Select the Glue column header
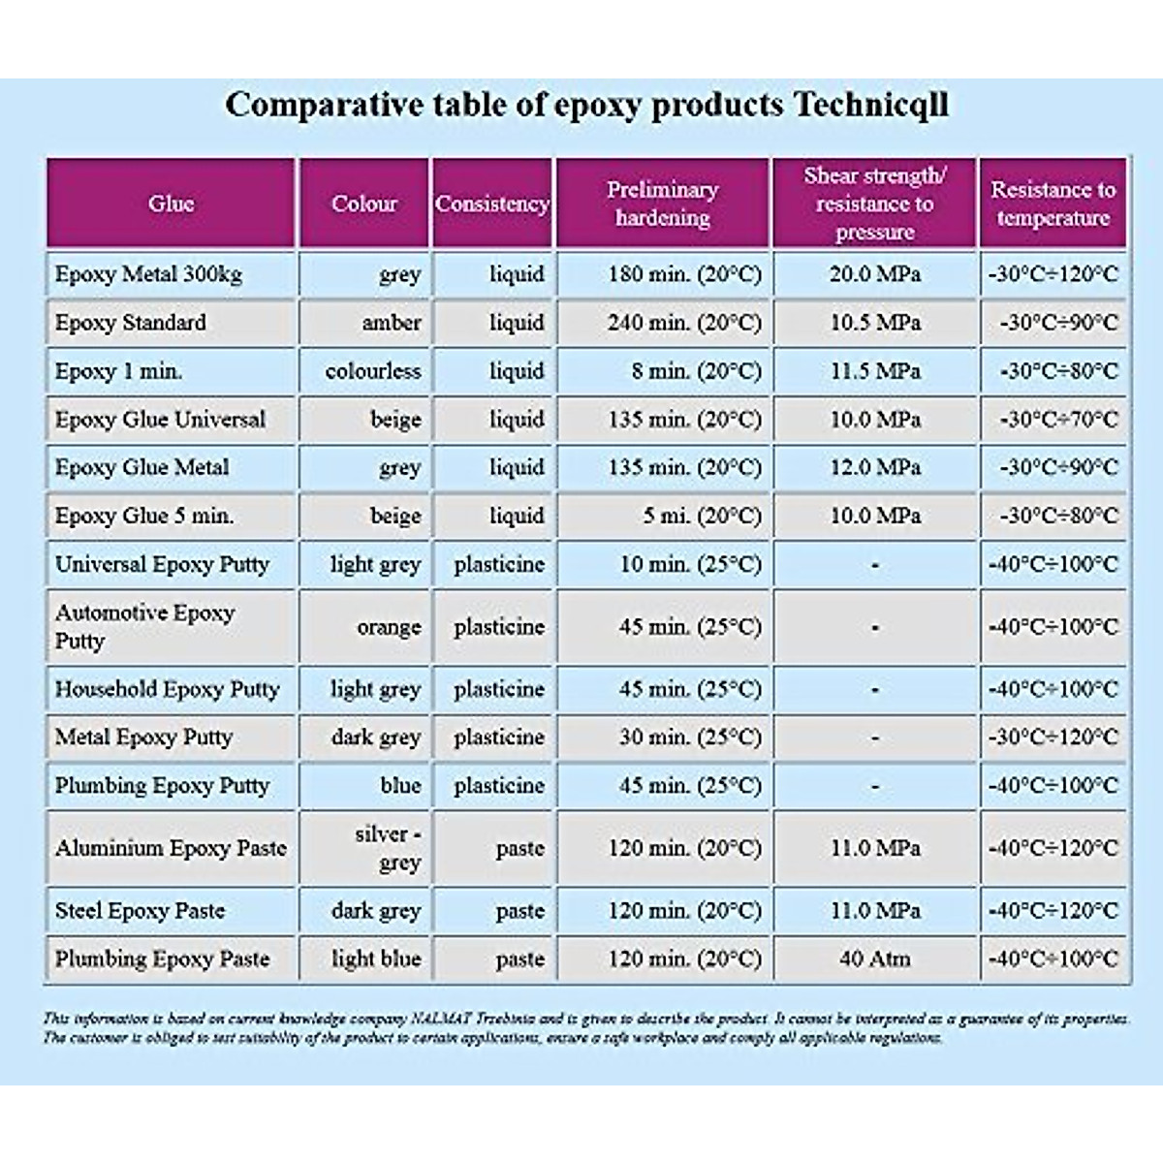171,204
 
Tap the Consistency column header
491,204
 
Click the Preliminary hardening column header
663,204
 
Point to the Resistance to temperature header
1053,204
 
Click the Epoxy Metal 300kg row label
148,274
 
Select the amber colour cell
392,323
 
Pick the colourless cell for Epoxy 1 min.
373,371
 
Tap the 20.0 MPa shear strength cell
874,274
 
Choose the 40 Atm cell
874,959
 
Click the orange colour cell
389,627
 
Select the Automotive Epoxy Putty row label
145,627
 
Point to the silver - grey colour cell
387,848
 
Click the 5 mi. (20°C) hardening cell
703,516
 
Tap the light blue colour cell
376,959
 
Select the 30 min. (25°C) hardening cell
690,738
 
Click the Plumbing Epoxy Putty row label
162,785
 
